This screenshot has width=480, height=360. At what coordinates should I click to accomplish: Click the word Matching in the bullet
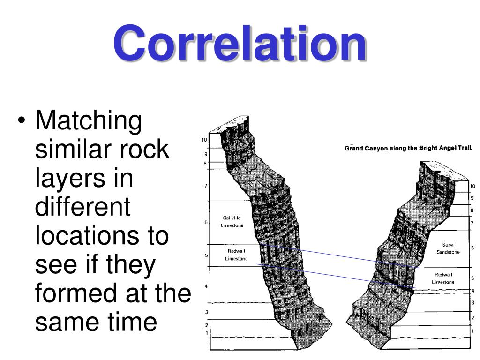(89, 121)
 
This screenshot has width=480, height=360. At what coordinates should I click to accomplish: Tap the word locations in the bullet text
(102, 236)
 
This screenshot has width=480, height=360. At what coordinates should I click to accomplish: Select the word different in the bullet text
(82, 207)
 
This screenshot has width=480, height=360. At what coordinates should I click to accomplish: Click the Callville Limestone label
(232, 221)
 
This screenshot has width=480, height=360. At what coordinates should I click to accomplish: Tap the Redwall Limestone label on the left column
(236, 255)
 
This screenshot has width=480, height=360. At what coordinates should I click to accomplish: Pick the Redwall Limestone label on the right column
(443, 278)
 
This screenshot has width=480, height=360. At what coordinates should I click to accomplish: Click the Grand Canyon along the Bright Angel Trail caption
(408, 148)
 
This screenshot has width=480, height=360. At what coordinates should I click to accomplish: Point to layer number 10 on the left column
(204, 140)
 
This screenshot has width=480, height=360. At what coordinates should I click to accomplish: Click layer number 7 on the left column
(206, 186)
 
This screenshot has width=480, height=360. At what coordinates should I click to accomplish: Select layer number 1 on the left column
(207, 333)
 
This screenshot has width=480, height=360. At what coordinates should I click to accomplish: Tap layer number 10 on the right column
(472, 186)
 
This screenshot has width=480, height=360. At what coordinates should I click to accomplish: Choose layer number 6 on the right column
(472, 247)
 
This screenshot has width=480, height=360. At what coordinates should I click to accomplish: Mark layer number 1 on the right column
(472, 330)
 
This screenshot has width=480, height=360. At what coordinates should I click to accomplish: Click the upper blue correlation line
(337, 256)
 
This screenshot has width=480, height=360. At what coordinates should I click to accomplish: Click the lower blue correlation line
(337, 276)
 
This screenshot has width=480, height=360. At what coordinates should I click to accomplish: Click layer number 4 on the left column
(206, 286)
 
